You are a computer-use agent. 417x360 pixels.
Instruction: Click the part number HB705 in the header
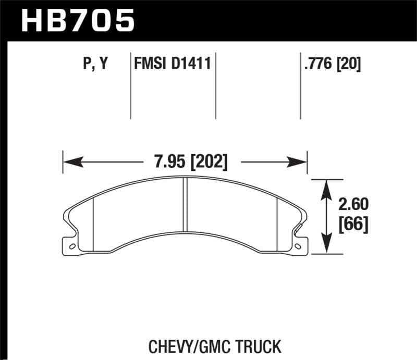[77, 21]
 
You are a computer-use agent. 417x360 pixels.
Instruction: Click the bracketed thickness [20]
[349, 64]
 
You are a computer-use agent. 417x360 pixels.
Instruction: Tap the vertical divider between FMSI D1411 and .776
[216, 86]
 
